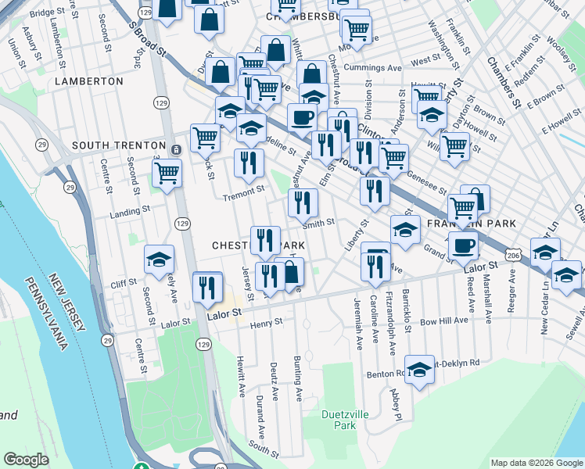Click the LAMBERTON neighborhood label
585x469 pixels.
pyautogui.click(x=89, y=81)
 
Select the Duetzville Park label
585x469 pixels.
pyautogui.click(x=339, y=419)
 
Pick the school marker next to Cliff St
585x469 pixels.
pyautogui.click(x=159, y=260)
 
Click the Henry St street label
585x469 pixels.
pyautogui.click(x=267, y=321)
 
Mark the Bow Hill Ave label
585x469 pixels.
pyautogui.click(x=443, y=320)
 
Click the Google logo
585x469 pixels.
pyautogui.click(x=26, y=459)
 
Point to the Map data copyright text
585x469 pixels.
pyautogui.click(x=537, y=463)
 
